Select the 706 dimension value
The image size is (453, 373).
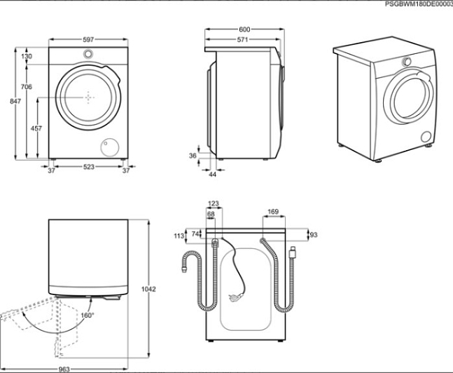(26, 86)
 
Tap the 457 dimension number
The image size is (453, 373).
(36, 128)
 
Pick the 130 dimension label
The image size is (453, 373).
(27, 56)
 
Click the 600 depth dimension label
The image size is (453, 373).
(244, 29)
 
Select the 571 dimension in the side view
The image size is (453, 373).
(242, 41)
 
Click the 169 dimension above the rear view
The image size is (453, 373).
(274, 210)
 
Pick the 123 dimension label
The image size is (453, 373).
(214, 203)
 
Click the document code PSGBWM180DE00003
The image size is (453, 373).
(419, 4)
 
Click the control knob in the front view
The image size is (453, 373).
(88, 55)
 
